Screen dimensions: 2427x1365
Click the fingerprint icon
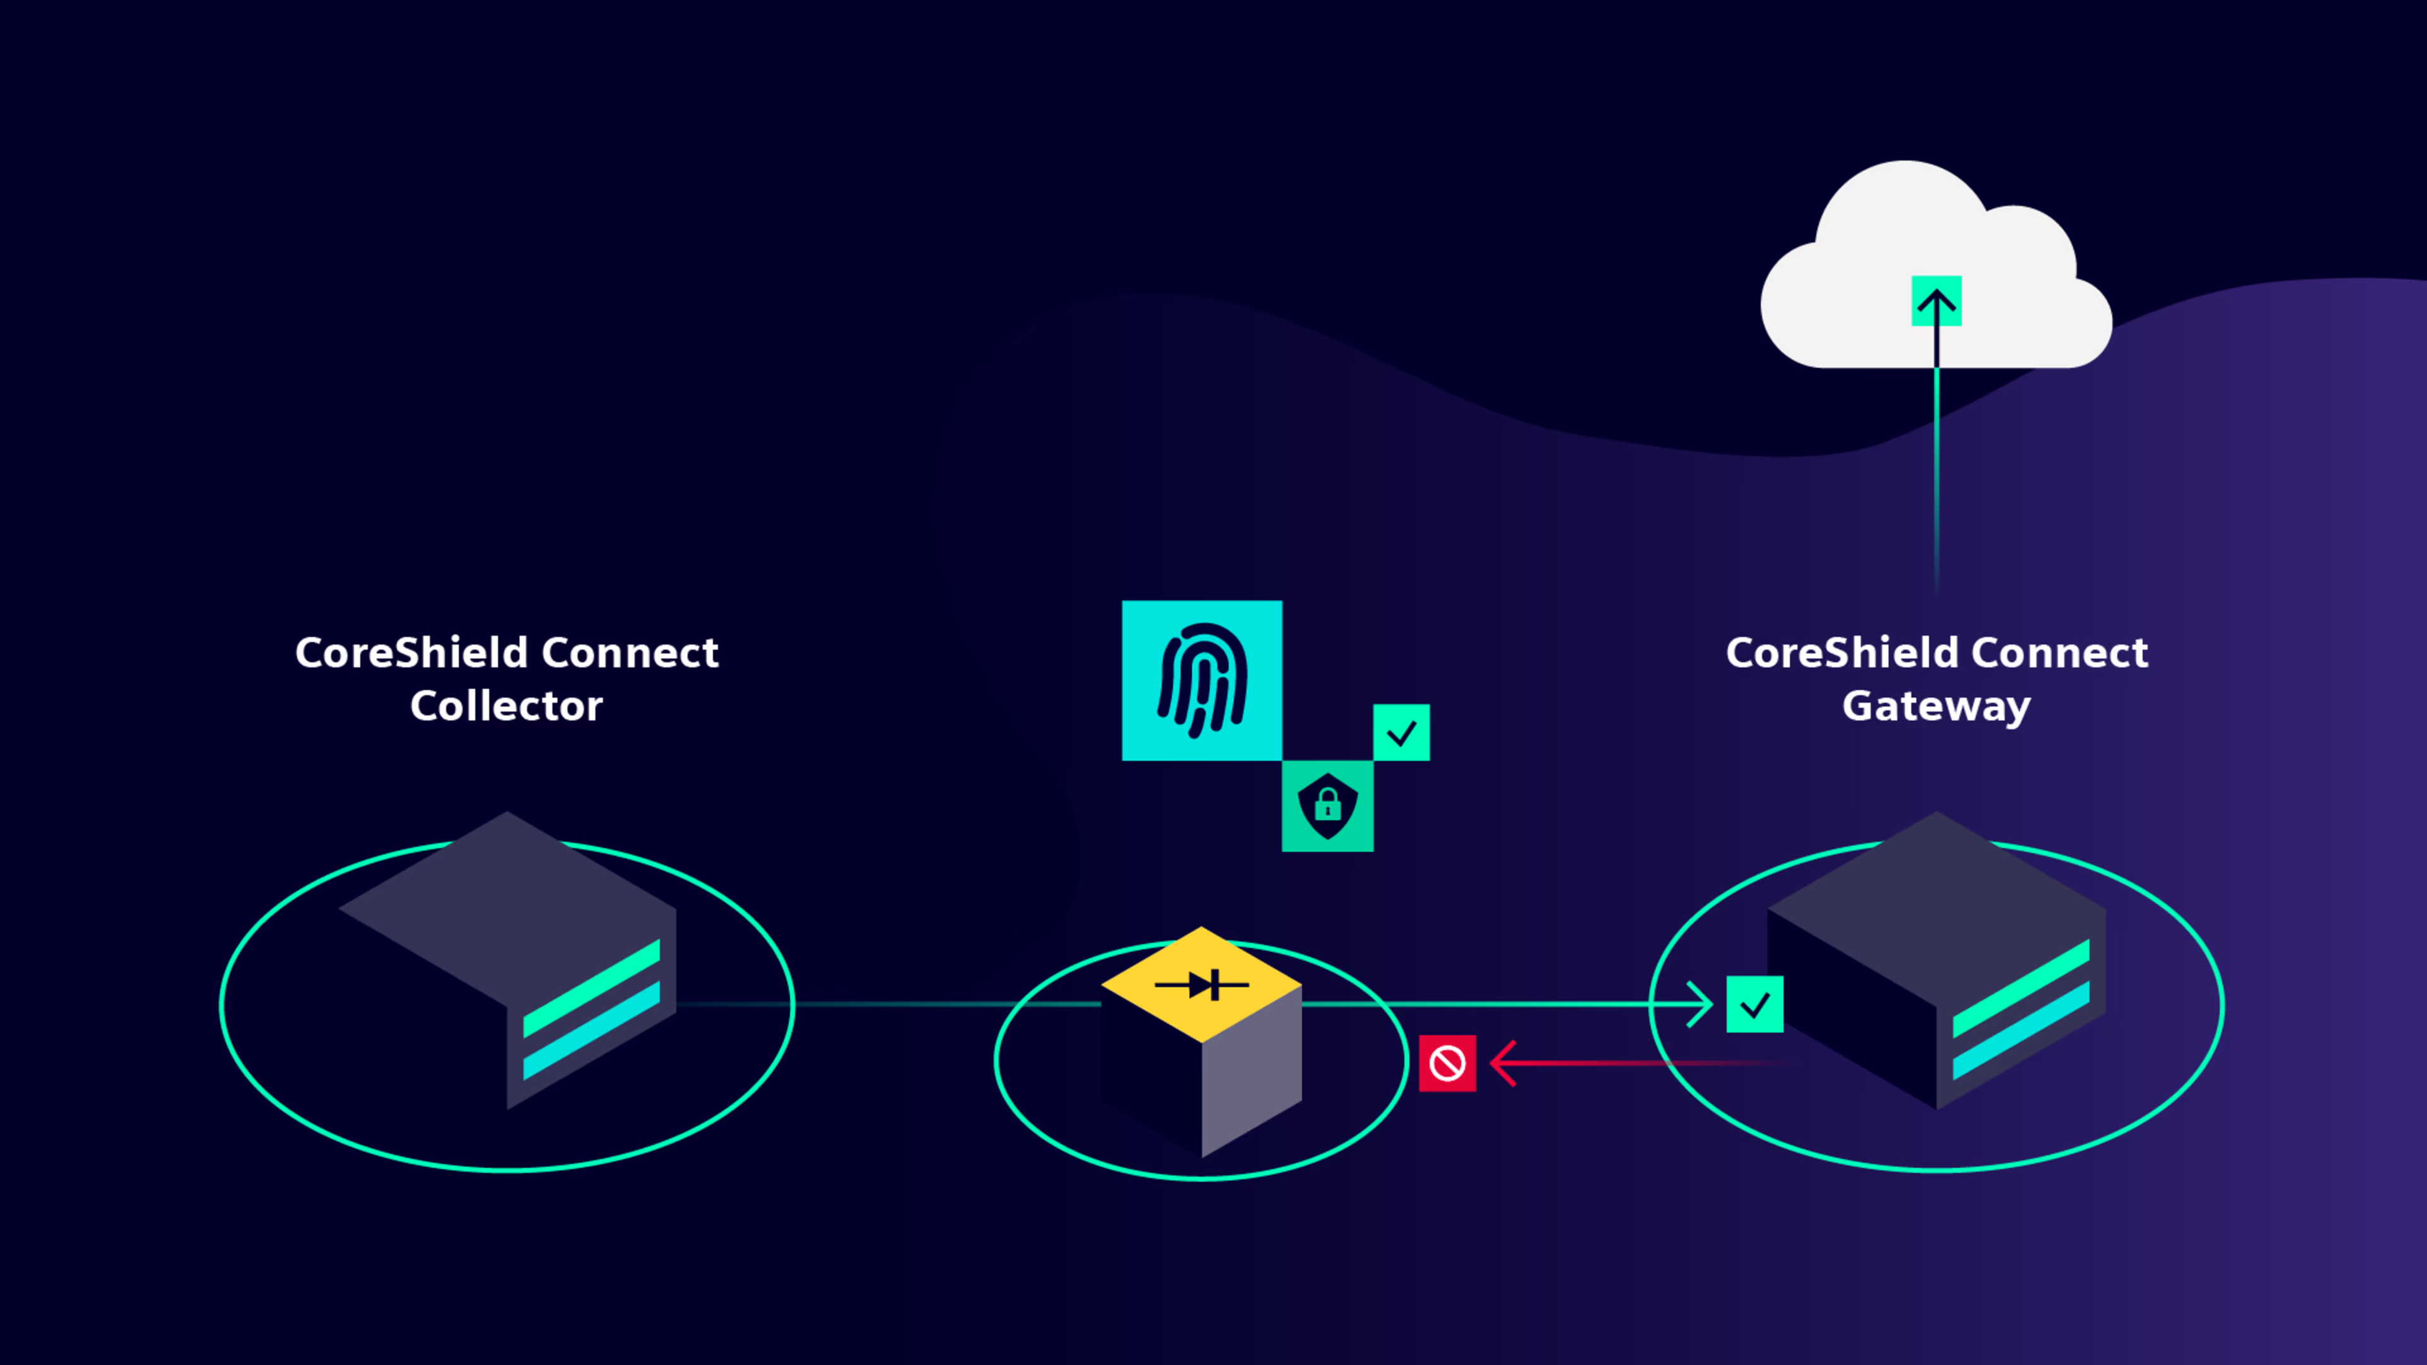[1201, 680]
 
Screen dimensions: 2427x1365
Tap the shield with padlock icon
[1327, 806]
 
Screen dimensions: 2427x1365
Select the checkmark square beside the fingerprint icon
[1402, 732]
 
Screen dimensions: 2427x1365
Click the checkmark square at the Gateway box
[1755, 1004]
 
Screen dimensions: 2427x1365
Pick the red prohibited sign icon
[1447, 1064]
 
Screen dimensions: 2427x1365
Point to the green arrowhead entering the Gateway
[1699, 1004]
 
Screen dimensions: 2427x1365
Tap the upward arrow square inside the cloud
[1936, 301]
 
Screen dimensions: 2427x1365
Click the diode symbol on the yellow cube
[1201, 985]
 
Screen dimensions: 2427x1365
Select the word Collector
[506, 706]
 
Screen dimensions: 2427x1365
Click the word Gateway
[1936, 707]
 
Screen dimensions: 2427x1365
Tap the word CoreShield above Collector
[411, 652]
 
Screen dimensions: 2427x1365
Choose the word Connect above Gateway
[2060, 652]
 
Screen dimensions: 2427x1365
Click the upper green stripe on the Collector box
[592, 988]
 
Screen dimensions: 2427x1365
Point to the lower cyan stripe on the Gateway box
[2021, 1031]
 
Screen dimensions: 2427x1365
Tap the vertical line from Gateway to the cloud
[1936, 461]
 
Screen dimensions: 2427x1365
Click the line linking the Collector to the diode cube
[889, 1004]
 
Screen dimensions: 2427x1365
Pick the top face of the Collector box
[507, 909]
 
